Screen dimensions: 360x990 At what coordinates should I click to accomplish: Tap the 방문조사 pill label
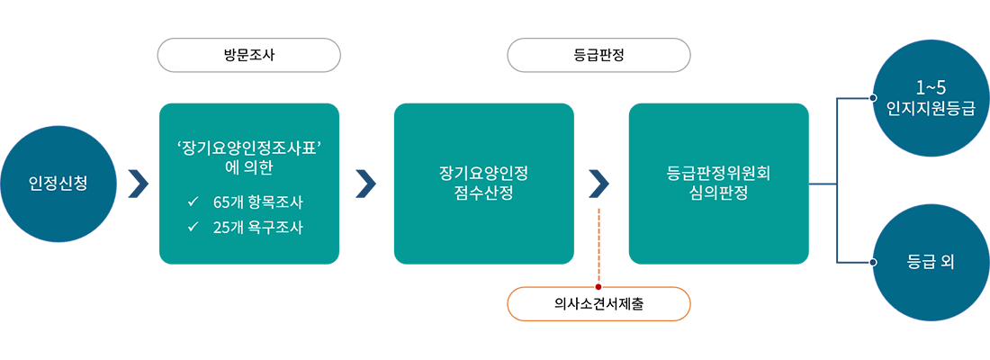coord(249,55)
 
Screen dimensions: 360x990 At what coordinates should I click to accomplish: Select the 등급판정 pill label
coord(598,55)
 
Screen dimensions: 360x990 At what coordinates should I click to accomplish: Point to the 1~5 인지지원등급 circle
coord(931,99)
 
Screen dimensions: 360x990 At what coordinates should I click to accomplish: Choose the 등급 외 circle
coord(931,263)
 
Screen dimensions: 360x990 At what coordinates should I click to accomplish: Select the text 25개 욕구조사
coord(257,228)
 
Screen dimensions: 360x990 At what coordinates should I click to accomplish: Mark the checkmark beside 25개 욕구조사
coord(193,228)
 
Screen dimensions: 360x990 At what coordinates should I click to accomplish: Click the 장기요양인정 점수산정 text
coord(483,183)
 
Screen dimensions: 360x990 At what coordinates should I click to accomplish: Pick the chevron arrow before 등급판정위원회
coord(599,176)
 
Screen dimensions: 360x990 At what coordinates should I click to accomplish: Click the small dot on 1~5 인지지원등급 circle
coord(870,98)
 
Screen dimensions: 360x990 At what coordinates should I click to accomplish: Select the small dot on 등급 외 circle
coord(870,263)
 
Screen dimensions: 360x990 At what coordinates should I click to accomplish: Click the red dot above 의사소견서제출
coord(596,285)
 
